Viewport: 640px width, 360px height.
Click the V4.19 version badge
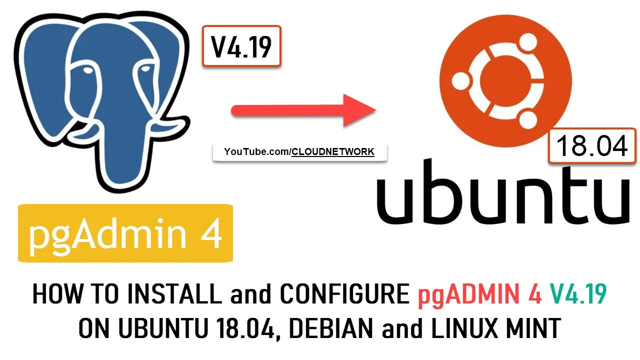click(x=241, y=46)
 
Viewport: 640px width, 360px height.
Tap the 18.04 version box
click(x=591, y=146)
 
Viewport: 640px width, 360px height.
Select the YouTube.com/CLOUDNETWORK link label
click(x=299, y=152)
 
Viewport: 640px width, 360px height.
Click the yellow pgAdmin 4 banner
click(x=125, y=233)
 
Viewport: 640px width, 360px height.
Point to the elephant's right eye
click(x=145, y=70)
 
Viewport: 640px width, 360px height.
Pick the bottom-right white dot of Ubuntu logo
click(x=527, y=119)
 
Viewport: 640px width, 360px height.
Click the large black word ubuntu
click(x=502, y=192)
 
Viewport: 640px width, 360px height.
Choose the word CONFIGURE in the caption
click(x=344, y=295)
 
